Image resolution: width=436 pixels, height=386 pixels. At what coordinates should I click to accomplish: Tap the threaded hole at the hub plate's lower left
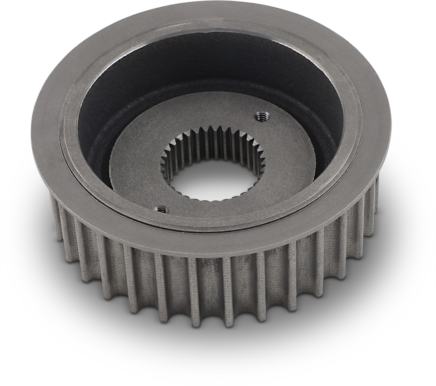pos(161,209)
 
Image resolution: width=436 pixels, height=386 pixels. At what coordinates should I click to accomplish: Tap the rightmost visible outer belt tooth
pos(376,195)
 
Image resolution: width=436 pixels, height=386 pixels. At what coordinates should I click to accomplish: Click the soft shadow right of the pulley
pos(395,254)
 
